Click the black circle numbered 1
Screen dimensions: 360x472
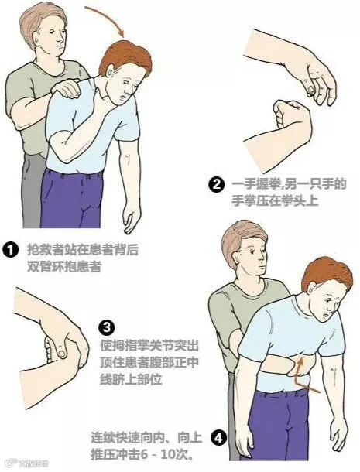tap(11, 250)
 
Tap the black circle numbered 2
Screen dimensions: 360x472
tap(216, 184)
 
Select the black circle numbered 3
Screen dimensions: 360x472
tap(107, 327)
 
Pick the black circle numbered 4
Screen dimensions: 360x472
tap(218, 438)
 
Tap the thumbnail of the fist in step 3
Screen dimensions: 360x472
tap(62, 354)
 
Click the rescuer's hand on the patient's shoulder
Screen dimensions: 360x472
tap(67, 88)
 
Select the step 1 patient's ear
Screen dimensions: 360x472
tap(110, 71)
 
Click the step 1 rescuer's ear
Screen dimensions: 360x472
tap(36, 39)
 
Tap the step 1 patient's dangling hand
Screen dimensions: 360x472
tap(132, 217)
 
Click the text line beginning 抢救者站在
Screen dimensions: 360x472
tap(83, 250)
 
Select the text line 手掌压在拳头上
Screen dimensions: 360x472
tap(275, 200)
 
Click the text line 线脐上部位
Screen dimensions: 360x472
tap(131, 378)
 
